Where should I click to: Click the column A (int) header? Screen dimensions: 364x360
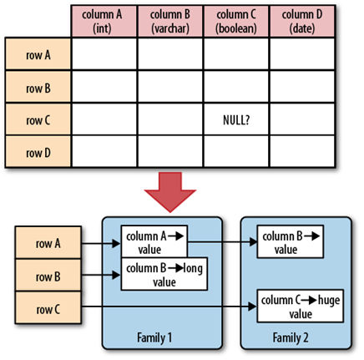[x=104, y=21]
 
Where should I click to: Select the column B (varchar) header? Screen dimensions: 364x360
[x=170, y=21]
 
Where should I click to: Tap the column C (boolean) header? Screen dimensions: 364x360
[x=236, y=21]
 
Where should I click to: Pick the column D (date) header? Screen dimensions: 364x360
[x=302, y=21]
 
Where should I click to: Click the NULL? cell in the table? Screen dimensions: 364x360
[x=236, y=120]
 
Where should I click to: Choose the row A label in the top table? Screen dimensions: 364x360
[x=38, y=54]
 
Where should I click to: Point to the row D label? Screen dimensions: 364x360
[x=38, y=152]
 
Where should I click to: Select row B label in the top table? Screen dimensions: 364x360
[x=38, y=87]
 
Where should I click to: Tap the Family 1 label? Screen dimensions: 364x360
[x=154, y=337]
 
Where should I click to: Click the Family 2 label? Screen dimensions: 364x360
[x=291, y=337]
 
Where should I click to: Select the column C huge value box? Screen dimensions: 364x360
[x=301, y=307]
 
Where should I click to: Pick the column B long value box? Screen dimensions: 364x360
[x=164, y=274]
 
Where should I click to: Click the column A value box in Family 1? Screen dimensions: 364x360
[x=154, y=241]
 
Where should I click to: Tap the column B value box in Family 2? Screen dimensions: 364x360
[x=291, y=242]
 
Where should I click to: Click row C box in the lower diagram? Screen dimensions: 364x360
[x=48, y=307]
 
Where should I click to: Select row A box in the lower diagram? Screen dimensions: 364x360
[x=48, y=242]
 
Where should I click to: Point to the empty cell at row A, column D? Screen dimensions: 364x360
[x=302, y=54]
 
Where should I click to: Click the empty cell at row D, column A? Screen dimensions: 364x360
[x=104, y=152]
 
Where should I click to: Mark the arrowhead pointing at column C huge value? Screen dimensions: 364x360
[x=252, y=307]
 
